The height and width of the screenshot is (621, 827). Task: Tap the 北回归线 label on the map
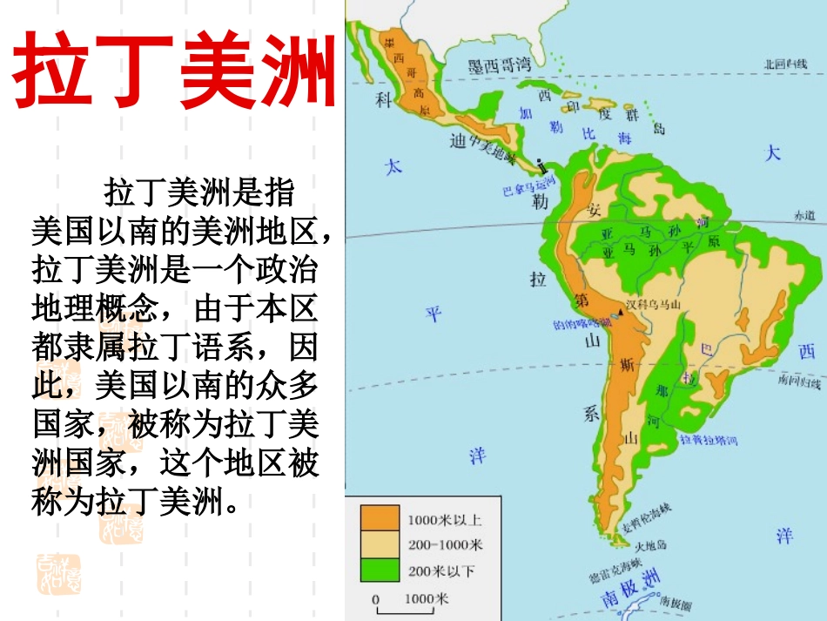(784, 64)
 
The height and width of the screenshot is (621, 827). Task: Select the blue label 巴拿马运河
(529, 188)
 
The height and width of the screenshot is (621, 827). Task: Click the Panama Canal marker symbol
(540, 165)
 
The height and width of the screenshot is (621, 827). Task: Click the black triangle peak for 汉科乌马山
(622, 311)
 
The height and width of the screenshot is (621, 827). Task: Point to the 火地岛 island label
(650, 546)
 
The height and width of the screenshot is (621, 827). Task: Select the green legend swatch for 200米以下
(380, 570)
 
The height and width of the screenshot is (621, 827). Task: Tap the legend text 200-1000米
(445, 545)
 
